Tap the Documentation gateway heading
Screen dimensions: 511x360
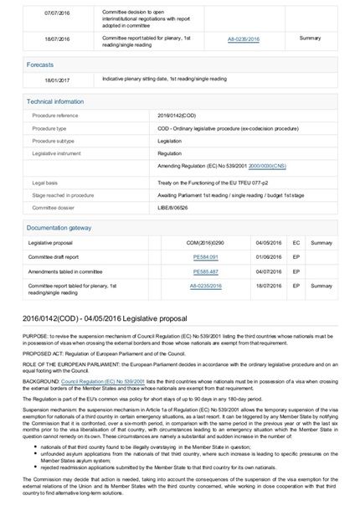[59, 227]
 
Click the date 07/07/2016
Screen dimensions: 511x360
[58, 13]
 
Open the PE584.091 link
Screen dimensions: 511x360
[205, 256]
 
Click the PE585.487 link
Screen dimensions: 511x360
[205, 271]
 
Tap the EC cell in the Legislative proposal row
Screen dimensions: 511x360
[296, 242]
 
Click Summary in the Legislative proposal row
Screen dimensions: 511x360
[321, 242]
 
